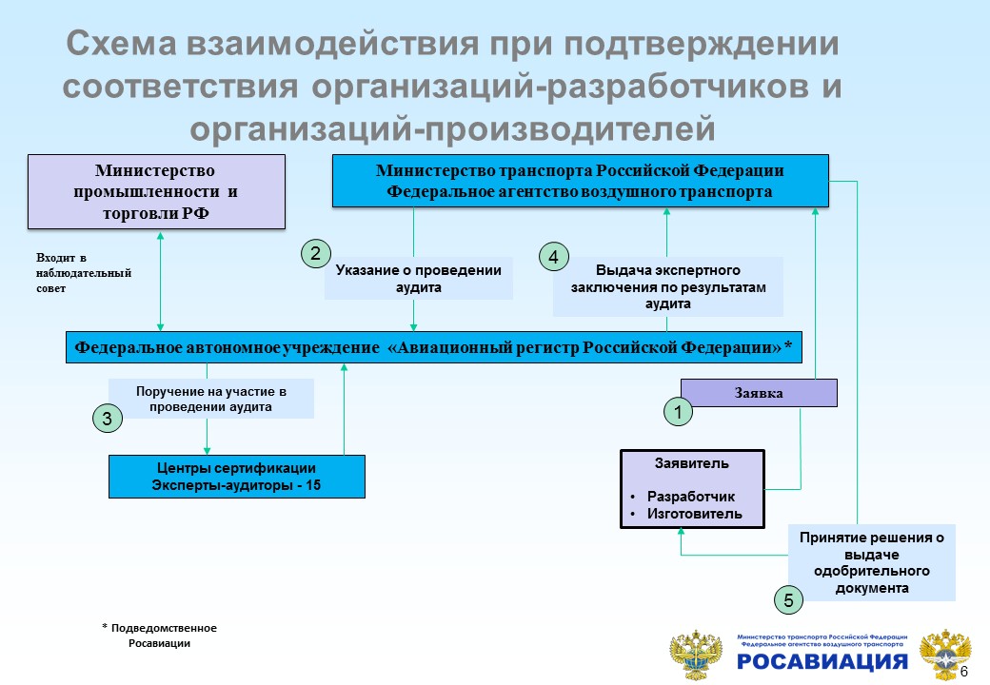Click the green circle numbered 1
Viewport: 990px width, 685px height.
(678, 412)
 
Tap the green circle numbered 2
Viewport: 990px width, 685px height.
(315, 253)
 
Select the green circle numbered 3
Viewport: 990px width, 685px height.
(107, 418)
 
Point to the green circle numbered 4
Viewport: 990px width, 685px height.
(553, 257)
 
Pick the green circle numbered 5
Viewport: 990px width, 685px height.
(788, 600)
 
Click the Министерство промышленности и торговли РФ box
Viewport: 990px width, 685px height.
(156, 191)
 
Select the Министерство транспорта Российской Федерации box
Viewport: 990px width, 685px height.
(580, 181)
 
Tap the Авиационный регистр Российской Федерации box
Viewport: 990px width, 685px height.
(434, 347)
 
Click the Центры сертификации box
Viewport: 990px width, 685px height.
(236, 477)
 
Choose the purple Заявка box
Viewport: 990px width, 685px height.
(759, 393)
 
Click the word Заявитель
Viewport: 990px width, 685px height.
(692, 464)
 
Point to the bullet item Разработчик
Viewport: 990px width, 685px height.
(691, 497)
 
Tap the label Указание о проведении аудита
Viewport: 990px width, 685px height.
(419, 278)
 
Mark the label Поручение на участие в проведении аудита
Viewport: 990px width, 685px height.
(211, 399)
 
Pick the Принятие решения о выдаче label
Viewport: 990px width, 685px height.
(871, 562)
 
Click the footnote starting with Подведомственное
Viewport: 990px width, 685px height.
(159, 636)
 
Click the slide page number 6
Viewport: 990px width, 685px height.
(964, 673)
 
